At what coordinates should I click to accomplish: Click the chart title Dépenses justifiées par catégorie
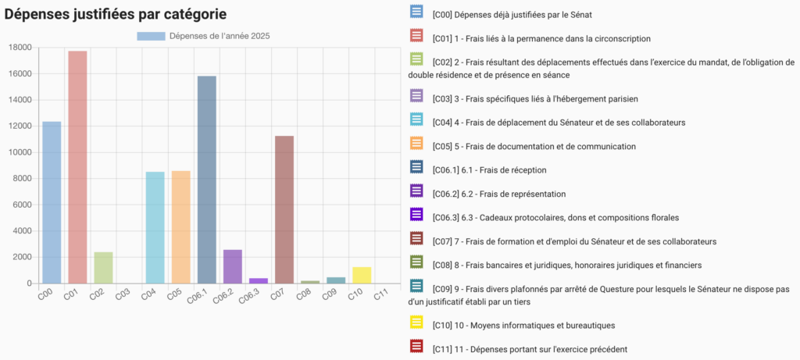116,13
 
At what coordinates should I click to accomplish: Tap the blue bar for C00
52,202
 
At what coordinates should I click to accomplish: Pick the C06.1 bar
207,180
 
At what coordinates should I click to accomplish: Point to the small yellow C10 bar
361,275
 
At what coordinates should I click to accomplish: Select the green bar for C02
103,267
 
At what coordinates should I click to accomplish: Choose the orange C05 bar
181,226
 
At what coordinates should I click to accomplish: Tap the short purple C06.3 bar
259,280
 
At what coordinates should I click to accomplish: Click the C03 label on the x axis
123,294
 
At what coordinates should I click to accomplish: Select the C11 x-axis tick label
380,294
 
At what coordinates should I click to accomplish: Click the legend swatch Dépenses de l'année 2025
151,36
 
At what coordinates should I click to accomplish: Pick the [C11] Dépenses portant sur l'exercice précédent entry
529,349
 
